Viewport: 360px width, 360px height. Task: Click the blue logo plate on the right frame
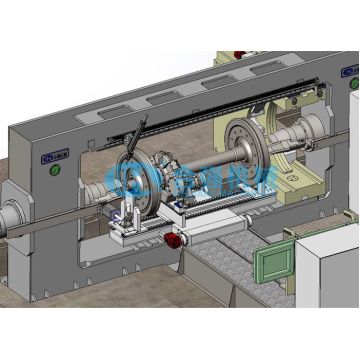click(x=350, y=74)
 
